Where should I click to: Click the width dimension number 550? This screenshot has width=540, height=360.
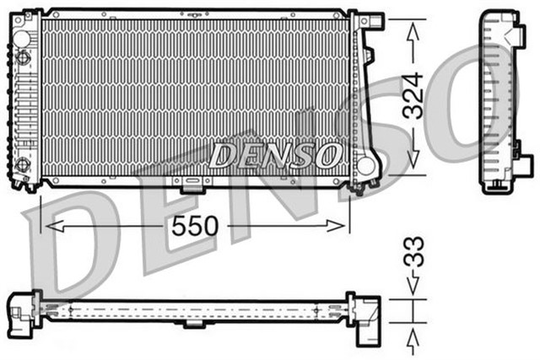point(197,226)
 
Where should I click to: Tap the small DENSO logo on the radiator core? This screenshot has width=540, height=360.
point(275,154)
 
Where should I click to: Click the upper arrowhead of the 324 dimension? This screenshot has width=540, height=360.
point(413,30)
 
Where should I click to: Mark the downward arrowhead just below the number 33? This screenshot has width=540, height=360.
point(413,287)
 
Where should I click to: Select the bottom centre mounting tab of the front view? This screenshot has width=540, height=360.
point(192,181)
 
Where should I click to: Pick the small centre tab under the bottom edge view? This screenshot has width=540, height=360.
point(192,324)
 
